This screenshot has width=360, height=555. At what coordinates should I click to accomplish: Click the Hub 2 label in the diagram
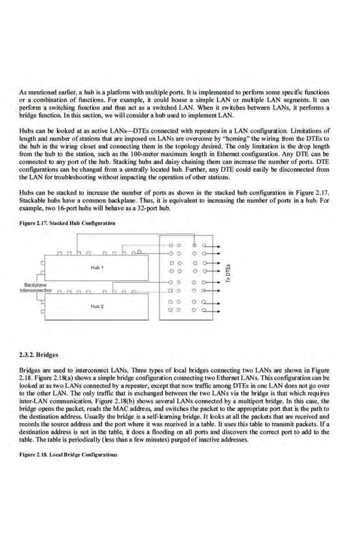(96, 306)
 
